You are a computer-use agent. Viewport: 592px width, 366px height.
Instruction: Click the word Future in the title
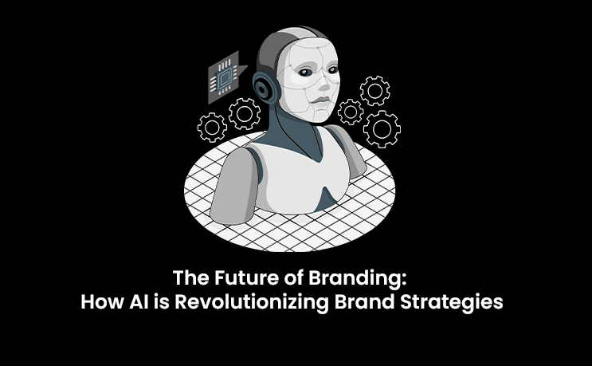(235, 281)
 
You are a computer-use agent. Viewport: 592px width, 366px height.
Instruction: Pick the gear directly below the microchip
(244, 114)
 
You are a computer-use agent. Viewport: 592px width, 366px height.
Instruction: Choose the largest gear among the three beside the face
(381, 127)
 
